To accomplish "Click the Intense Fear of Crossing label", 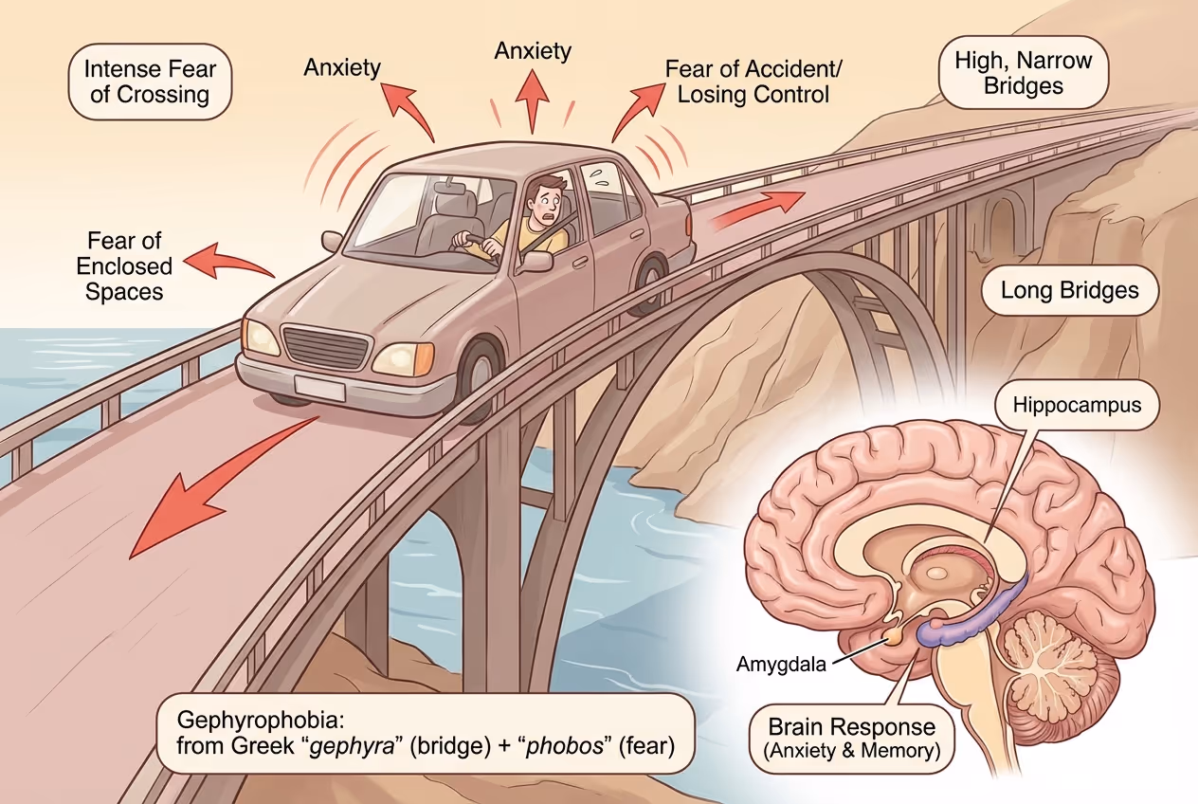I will click(x=151, y=82).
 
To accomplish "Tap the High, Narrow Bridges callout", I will click(x=1024, y=73).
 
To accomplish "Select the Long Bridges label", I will click(x=1070, y=290).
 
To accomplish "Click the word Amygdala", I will click(x=781, y=664).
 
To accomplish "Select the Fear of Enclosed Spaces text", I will click(x=124, y=266).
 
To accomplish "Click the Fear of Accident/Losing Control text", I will click(x=753, y=82).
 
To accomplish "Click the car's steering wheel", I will click(x=475, y=245).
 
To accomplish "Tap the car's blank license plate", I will click(x=318, y=388).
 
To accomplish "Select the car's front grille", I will click(x=325, y=347).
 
